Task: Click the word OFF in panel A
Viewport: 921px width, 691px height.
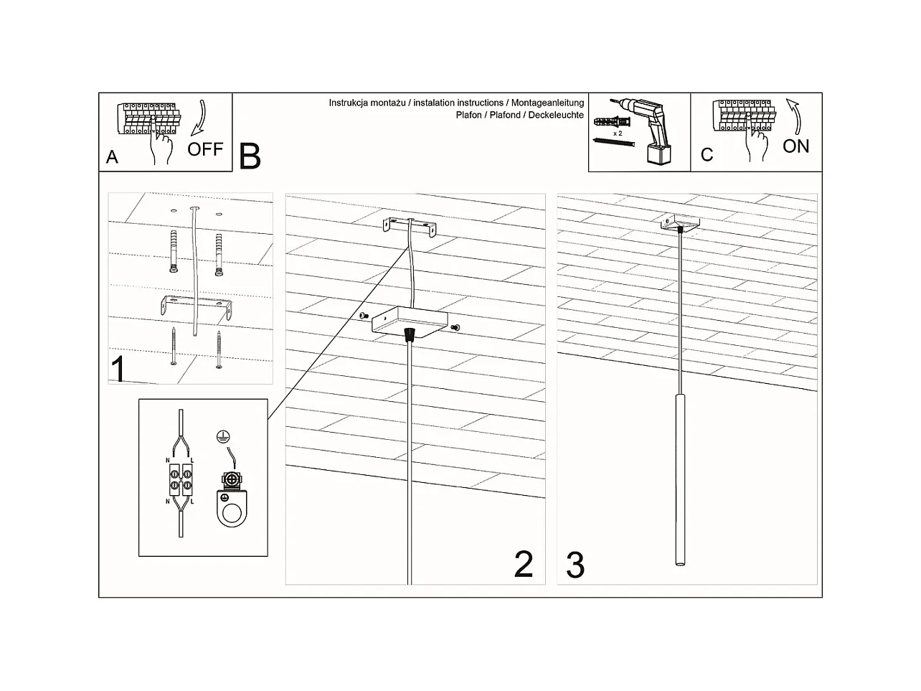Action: (x=205, y=149)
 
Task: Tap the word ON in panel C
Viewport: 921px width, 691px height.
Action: (x=795, y=146)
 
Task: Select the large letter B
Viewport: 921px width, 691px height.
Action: (x=250, y=156)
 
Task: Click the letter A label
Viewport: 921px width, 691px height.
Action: (x=112, y=157)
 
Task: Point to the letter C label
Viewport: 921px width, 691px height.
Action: (x=707, y=155)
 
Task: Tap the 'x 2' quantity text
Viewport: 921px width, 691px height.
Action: (x=617, y=134)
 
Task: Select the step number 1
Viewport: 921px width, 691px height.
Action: (x=119, y=370)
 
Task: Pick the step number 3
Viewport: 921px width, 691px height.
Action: (x=575, y=565)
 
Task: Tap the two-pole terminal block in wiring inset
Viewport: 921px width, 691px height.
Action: (x=180, y=479)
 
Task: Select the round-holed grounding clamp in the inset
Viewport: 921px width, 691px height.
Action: (x=232, y=506)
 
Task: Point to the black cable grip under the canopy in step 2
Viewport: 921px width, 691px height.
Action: (x=410, y=334)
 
